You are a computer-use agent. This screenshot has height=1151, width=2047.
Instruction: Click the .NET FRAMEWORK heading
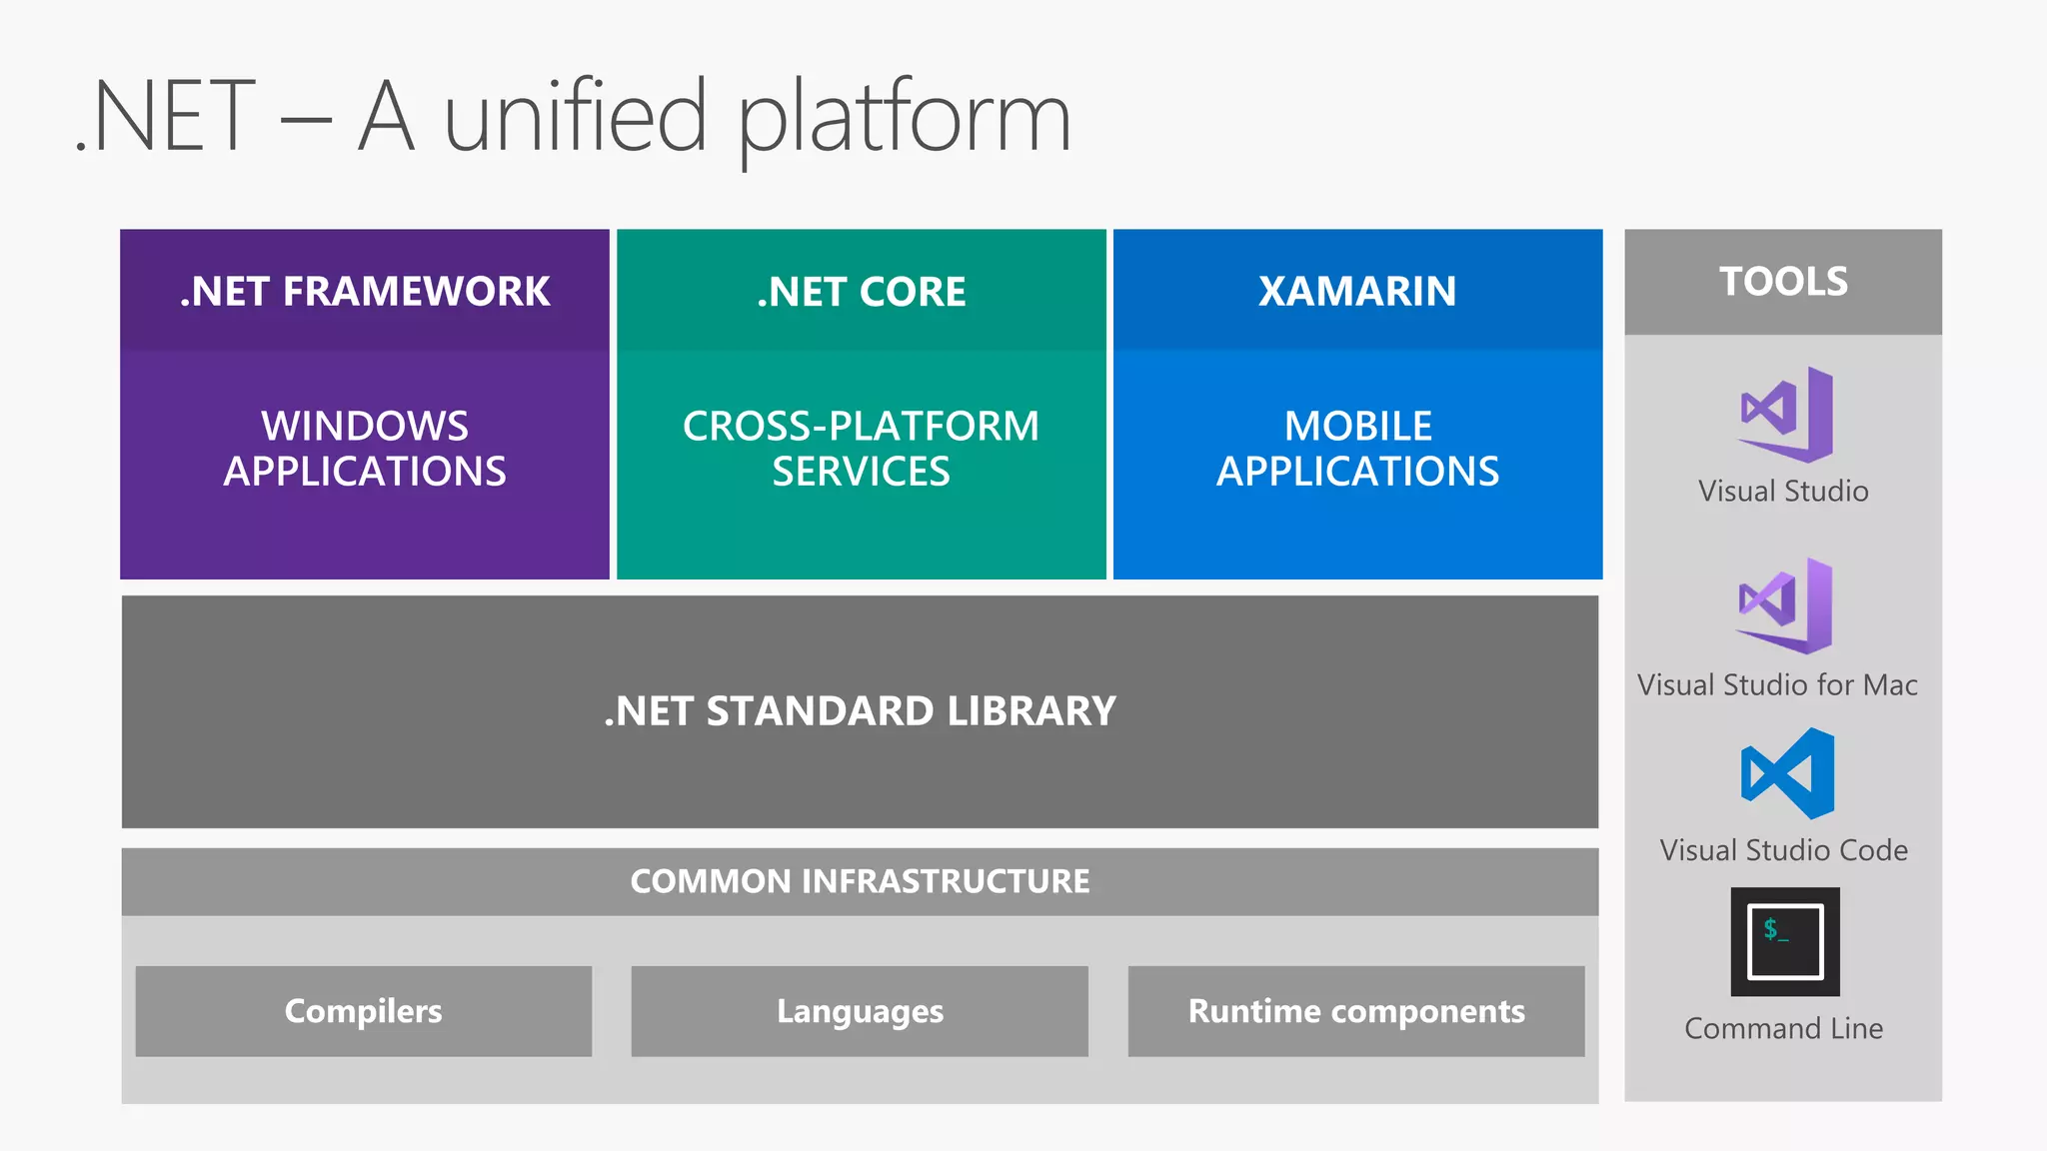click(364, 291)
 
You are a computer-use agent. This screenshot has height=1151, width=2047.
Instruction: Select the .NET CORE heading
click(861, 291)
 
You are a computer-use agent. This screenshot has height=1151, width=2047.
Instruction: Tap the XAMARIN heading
click(1357, 291)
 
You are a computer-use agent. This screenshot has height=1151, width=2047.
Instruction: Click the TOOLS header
click(1783, 281)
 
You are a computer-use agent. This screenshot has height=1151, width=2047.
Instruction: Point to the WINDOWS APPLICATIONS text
click(364, 448)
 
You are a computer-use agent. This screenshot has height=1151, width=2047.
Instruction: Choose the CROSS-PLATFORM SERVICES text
click(861, 448)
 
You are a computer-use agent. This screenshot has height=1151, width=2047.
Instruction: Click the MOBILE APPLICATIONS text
click(1357, 448)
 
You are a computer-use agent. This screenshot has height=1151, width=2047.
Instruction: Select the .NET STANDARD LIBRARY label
click(860, 710)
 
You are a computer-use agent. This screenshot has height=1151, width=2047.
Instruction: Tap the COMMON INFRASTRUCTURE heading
click(860, 880)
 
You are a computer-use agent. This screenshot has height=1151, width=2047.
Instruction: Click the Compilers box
click(363, 1010)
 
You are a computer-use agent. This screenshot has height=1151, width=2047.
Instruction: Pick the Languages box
click(860, 1010)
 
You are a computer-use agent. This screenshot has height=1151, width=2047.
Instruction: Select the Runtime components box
click(1356, 1010)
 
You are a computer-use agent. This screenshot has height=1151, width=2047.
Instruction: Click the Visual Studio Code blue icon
click(1787, 773)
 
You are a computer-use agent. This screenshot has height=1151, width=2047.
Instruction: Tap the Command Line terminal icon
click(1785, 941)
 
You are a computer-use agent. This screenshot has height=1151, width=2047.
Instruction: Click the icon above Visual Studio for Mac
click(1786, 605)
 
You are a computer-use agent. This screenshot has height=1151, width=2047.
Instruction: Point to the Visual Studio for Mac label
click(1777, 684)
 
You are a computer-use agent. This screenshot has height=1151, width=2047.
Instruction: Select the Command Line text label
click(1783, 1028)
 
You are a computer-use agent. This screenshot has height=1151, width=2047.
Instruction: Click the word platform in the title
click(905, 118)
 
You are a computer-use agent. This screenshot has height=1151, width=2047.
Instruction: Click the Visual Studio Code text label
click(1783, 850)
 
